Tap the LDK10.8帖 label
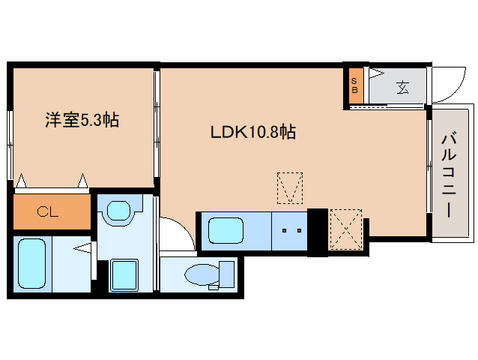pos(252,133)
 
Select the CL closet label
pos(48,211)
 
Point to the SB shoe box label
pos(354,85)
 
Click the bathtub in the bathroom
pos(31,265)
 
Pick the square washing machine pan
pos(124,274)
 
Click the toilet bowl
pos(202,275)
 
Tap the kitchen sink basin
pos(225,229)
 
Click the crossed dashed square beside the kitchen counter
pos(345,229)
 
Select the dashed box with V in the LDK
pos(289,187)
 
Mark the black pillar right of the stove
pos(317,231)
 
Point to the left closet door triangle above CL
pos(22,181)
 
